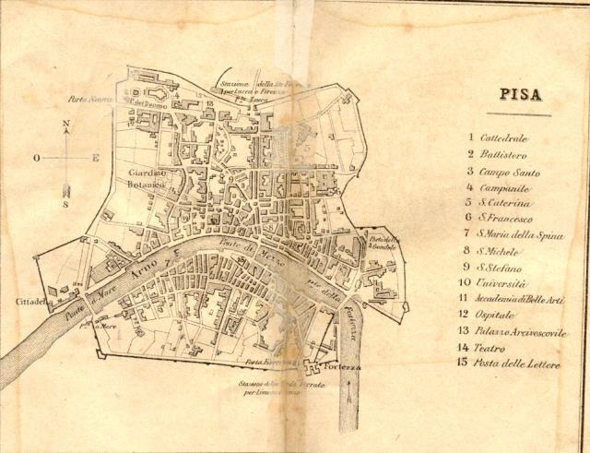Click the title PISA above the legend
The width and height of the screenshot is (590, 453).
click(521, 94)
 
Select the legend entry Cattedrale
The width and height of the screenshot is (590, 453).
click(510, 138)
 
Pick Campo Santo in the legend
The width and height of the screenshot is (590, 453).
click(515, 172)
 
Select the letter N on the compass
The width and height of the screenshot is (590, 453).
click(65, 124)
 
